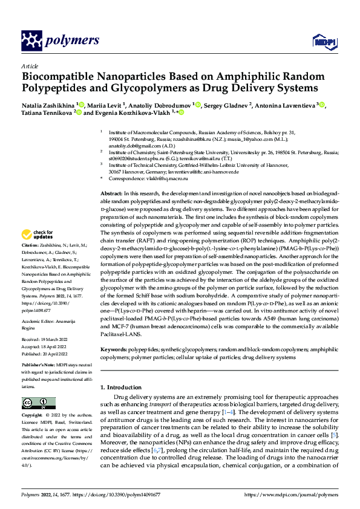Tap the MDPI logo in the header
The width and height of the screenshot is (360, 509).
pos(322,41)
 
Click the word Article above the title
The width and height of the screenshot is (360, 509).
pos(29,66)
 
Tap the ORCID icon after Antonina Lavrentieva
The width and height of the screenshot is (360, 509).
pos(322,105)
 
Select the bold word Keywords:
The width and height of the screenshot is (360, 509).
pos(114,349)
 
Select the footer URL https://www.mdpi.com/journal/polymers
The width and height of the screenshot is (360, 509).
pos(290,494)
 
